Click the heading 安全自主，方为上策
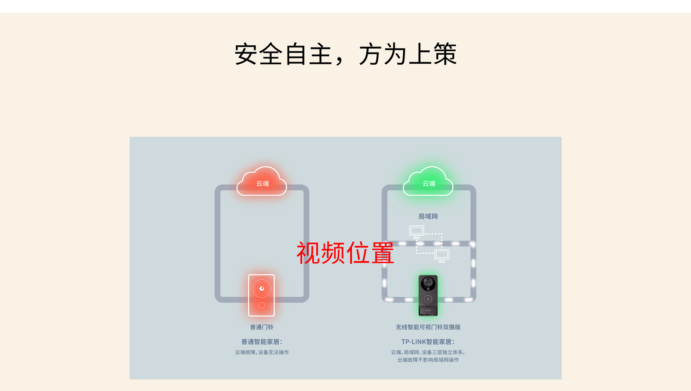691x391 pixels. coord(345,54)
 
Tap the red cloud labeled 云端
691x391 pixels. coord(262,182)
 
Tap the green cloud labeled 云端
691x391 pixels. coord(428,182)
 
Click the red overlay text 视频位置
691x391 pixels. coord(345,253)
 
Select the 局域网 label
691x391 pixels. coord(428,216)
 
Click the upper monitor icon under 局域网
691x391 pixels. coord(417,231)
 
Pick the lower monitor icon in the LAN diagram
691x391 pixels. coord(442,255)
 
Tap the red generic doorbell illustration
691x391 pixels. coord(262,295)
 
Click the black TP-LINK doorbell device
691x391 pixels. coord(428,296)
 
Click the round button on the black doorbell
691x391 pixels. coord(428,299)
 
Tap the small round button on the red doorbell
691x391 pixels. coord(262,305)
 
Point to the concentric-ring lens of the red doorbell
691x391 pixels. coord(262,288)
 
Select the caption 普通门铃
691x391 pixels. coord(262,327)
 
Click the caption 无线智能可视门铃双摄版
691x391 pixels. coord(428,327)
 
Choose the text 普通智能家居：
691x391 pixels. coord(262,342)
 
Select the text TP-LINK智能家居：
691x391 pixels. coord(428,342)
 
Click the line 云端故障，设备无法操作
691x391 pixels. coord(262,352)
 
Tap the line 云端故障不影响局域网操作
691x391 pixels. coord(428,360)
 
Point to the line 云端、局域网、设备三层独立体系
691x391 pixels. coord(428,352)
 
